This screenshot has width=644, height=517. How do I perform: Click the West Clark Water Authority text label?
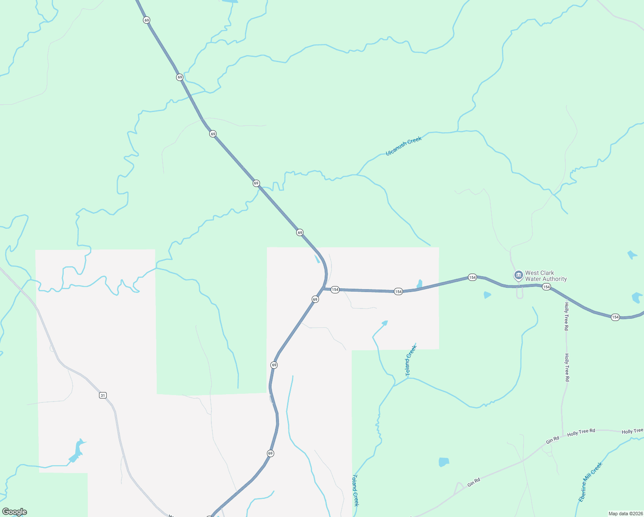tap(545, 276)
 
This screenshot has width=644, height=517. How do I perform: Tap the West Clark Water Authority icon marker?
tap(519, 275)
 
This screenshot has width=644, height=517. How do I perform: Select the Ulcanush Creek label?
tap(403, 146)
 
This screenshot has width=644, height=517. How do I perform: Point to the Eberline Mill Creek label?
tap(590, 482)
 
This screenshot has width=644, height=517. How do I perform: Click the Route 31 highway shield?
tap(102, 395)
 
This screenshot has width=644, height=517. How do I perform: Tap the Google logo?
tap(15, 512)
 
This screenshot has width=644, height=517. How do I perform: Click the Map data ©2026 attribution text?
tap(625, 514)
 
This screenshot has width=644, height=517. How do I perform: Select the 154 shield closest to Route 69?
tap(335, 290)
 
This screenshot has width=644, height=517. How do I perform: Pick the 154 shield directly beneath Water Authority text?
tap(546, 287)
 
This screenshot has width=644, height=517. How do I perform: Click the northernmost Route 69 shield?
tap(147, 20)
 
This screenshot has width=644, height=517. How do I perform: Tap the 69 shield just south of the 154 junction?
tap(315, 299)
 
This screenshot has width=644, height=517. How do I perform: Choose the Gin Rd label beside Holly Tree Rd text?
tap(552, 440)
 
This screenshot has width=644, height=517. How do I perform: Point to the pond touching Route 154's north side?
tap(419, 284)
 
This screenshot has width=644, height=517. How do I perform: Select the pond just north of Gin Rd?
tap(443, 462)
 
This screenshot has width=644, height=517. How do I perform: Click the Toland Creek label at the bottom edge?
tap(356, 490)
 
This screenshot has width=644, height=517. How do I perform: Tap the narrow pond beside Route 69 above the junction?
tap(317, 259)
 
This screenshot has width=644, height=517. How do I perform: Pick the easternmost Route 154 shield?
tap(615, 317)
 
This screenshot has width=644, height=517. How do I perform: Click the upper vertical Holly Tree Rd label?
tap(566, 316)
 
